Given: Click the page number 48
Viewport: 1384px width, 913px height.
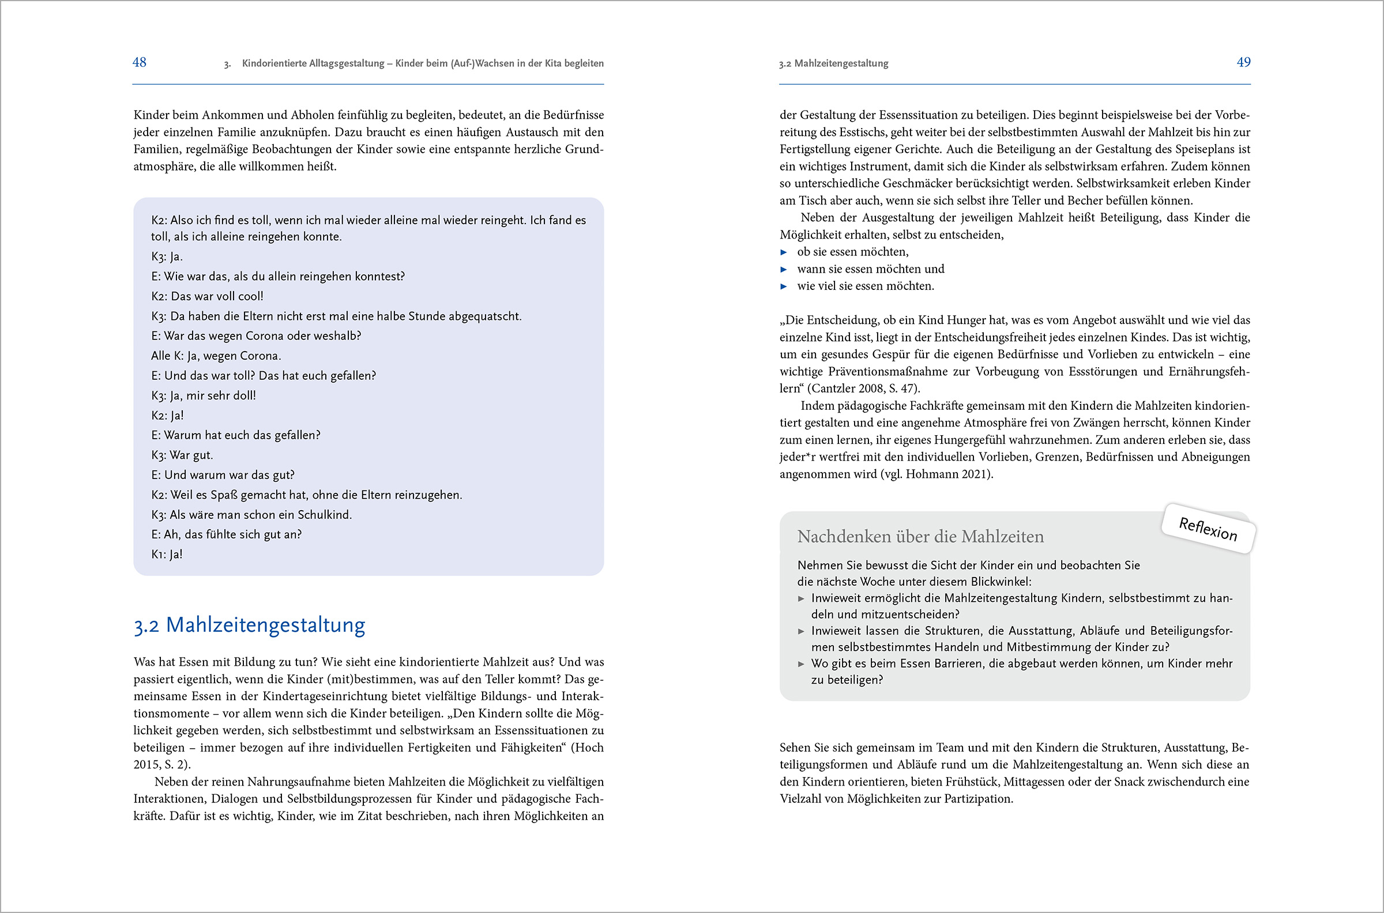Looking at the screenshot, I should tap(139, 62).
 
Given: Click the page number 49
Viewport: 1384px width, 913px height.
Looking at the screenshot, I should tap(1243, 62).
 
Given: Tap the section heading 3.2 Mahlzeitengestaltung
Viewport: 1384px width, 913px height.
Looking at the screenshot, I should tap(249, 625).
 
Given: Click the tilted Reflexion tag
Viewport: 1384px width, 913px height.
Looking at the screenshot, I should tap(1208, 529).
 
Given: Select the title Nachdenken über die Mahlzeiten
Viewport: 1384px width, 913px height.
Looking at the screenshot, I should tap(920, 536).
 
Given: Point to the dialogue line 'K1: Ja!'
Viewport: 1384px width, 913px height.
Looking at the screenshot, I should tap(167, 554).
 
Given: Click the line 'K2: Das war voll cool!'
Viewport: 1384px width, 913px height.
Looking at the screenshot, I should tap(208, 296).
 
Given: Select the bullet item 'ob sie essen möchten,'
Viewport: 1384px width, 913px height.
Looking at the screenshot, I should tap(853, 252).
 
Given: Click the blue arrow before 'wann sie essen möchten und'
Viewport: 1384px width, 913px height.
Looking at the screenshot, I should tap(784, 270).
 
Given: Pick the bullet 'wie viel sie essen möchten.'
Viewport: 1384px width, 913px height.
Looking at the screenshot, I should tap(866, 286).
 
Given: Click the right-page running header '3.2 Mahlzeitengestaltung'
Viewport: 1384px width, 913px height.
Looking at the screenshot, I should tap(833, 63).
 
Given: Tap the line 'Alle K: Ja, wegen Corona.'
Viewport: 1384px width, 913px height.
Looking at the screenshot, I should tap(216, 356).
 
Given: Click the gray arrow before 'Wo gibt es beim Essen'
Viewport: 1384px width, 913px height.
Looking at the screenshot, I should tap(802, 664).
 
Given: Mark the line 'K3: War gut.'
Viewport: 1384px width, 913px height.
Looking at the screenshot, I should tap(182, 455).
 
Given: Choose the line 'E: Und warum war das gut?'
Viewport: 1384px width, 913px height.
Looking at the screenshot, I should tap(223, 475).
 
